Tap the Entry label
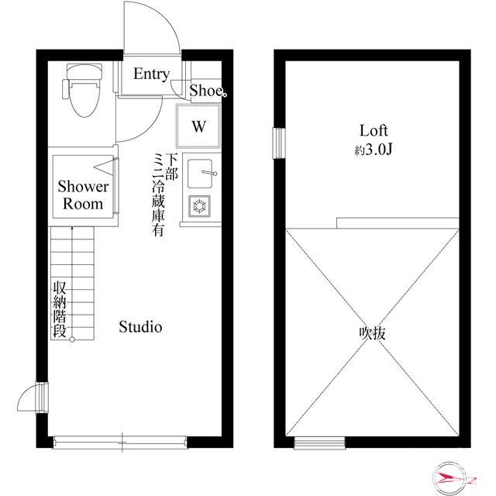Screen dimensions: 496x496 coord(151,74)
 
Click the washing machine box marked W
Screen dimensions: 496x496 coord(199,126)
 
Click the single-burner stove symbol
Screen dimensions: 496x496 coord(199,206)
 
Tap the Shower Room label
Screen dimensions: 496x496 coord(83,195)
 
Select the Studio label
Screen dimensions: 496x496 coord(140,327)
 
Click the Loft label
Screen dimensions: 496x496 coord(373,130)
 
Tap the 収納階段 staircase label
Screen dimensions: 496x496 coord(60,308)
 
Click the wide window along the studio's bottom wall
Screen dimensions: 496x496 coord(120,443)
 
